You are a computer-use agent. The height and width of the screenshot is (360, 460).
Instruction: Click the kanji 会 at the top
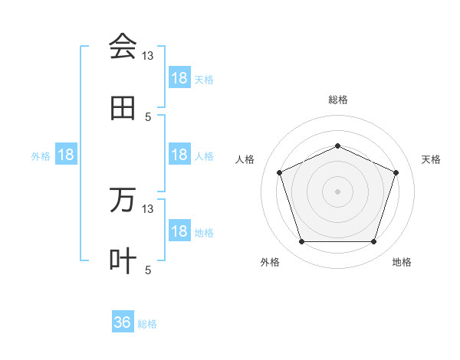[x=123, y=47]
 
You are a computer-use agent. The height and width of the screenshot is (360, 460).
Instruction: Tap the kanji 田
[x=123, y=108]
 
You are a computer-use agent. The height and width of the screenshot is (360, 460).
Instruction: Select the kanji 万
[x=123, y=200]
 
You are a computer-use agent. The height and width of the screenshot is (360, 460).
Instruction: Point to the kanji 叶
[x=123, y=261]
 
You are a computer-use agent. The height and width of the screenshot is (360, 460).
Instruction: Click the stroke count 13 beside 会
[x=148, y=56]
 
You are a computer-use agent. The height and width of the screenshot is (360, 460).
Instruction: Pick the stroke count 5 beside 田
[x=148, y=117]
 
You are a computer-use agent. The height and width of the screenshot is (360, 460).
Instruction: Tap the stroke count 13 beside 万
[x=148, y=209]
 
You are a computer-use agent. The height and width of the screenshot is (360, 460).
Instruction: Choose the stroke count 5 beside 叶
[x=148, y=270]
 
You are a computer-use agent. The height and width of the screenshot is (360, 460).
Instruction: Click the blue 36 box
[x=123, y=322]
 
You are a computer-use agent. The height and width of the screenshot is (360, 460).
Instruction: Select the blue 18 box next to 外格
[x=66, y=155]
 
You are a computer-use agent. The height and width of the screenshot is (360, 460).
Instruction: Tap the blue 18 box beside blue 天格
[x=179, y=78]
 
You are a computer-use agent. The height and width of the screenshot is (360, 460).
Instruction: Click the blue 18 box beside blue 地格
[x=179, y=231]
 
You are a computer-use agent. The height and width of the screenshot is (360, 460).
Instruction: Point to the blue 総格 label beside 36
[x=147, y=324]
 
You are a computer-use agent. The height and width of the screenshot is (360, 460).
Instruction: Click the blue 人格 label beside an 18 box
[x=204, y=155]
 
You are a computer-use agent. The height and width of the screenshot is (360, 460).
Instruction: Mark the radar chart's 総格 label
[x=337, y=100]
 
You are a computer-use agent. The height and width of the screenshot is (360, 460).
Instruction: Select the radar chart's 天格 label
[x=431, y=159]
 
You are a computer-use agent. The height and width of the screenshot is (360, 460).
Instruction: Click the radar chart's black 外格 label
[x=270, y=262]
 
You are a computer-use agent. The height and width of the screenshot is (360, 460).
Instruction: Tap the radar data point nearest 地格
[x=373, y=242]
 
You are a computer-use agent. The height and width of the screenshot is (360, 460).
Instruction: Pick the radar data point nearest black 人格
[x=279, y=172]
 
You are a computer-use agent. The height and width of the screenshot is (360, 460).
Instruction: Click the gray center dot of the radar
[x=337, y=191]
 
